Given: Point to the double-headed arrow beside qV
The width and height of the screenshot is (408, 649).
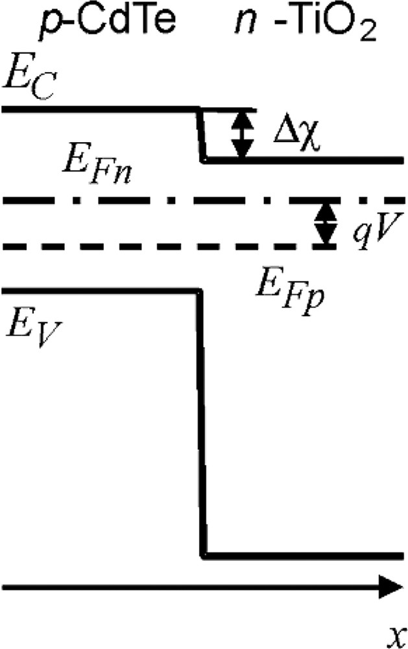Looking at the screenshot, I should pyautogui.click(x=325, y=223).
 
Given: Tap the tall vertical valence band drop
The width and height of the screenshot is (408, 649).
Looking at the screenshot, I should pyautogui.click(x=200, y=422).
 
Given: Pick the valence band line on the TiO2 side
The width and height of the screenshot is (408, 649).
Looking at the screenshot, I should pyautogui.click(x=305, y=556).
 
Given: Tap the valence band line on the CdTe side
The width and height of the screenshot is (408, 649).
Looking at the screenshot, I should pyautogui.click(x=97, y=291).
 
